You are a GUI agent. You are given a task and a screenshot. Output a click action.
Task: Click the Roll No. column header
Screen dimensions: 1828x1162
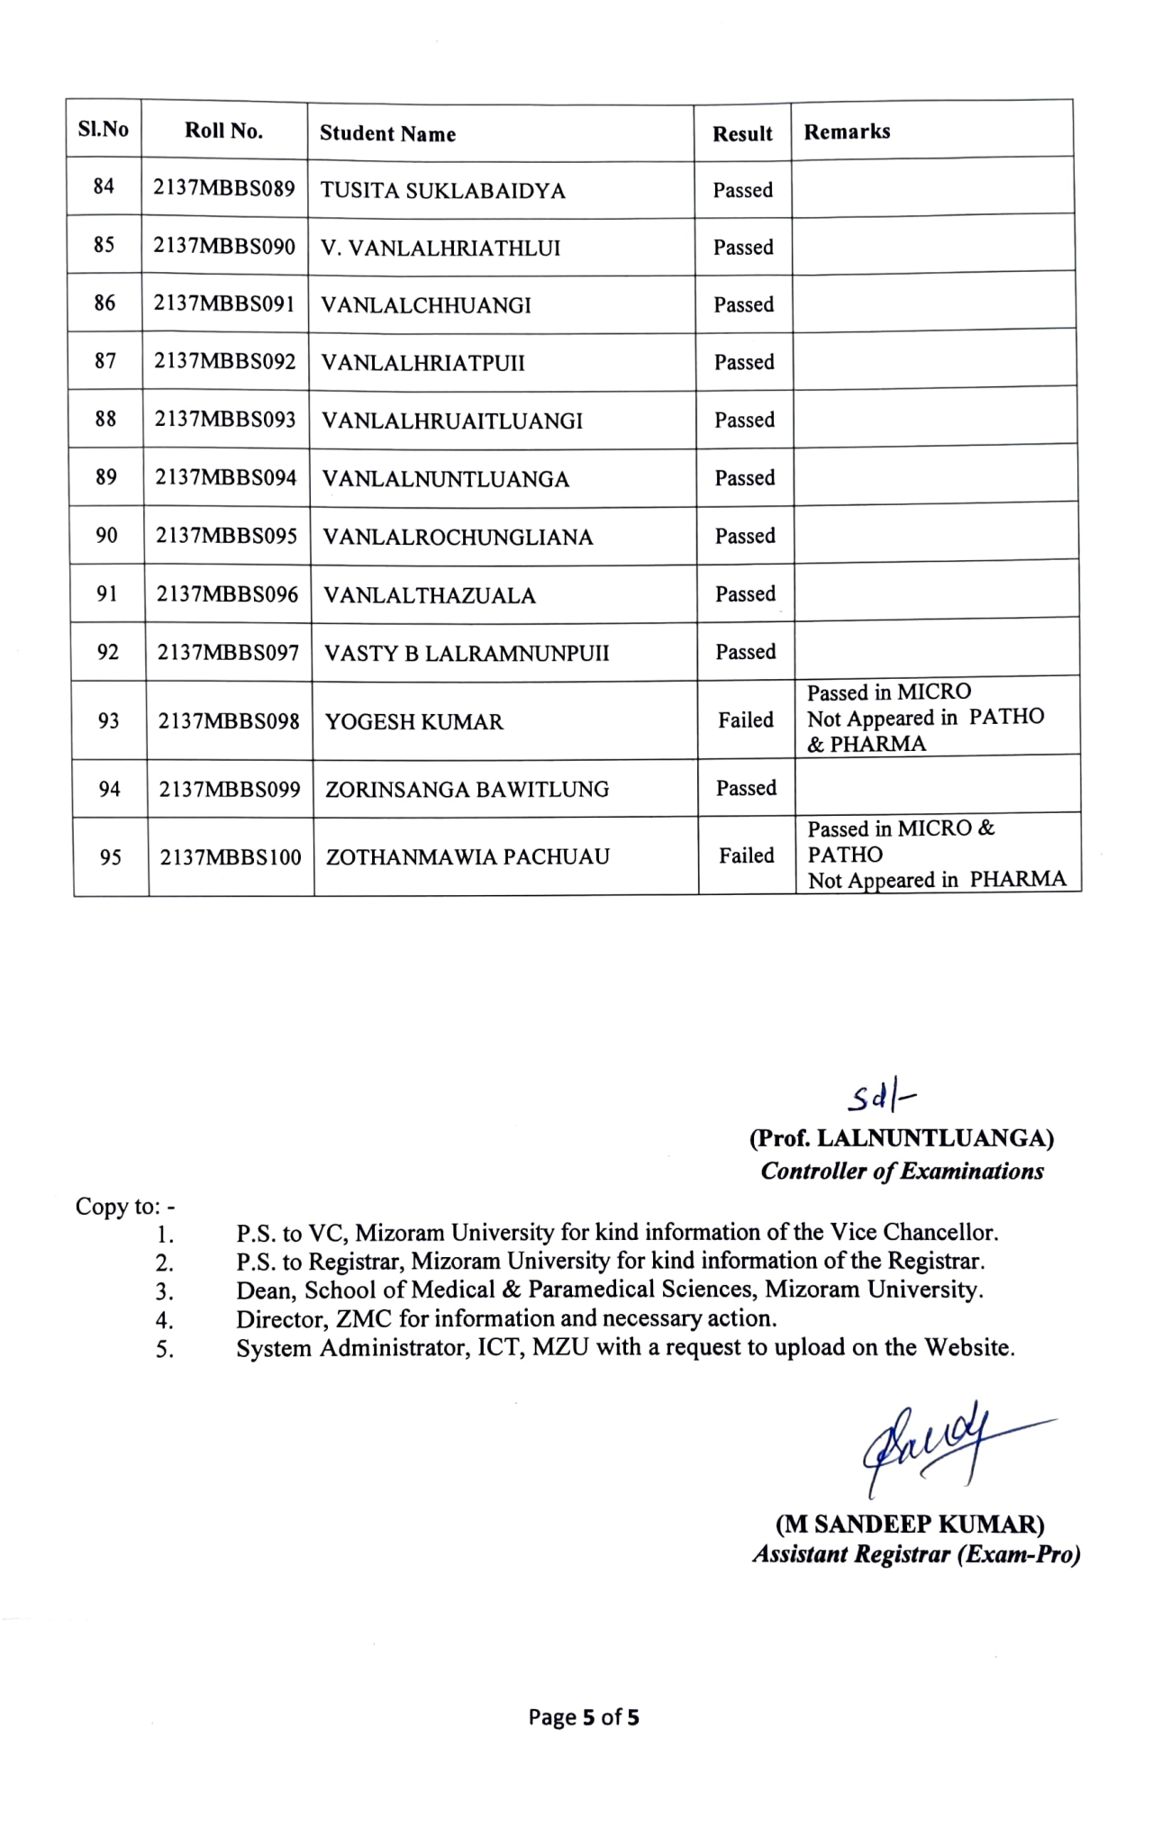223,131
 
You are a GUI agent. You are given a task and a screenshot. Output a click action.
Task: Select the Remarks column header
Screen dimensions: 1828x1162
847,131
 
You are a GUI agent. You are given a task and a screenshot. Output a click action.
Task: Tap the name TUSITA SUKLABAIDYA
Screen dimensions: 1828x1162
442,191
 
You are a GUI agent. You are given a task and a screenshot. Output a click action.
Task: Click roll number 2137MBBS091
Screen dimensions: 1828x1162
224,303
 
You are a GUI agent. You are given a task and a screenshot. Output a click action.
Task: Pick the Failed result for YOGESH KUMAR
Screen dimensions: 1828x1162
746,719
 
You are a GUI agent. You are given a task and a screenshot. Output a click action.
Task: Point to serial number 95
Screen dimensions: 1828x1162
110,857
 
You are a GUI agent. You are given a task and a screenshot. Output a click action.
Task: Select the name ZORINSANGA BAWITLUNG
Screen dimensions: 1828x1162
467,790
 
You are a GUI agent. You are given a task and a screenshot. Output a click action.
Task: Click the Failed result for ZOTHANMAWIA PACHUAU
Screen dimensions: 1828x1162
746,855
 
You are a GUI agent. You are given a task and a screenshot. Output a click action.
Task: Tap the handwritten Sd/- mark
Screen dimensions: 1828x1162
880,1097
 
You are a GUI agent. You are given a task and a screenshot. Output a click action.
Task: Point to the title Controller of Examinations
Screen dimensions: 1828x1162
902,1171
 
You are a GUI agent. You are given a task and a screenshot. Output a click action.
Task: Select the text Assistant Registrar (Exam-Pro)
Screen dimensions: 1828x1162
916,1554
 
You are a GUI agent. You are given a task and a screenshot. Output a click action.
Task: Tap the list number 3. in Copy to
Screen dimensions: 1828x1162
164,1292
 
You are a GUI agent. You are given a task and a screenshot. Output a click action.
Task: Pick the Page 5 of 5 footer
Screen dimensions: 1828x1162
584,1717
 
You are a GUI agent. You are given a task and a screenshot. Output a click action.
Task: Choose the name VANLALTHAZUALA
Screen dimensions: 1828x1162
430,595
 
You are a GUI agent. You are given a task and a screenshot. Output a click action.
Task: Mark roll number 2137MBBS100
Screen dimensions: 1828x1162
231,857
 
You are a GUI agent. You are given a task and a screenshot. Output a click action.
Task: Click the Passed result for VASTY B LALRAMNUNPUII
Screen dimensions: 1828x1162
745,651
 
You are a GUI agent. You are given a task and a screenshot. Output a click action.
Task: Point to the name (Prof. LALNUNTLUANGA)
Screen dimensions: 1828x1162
901,1138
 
